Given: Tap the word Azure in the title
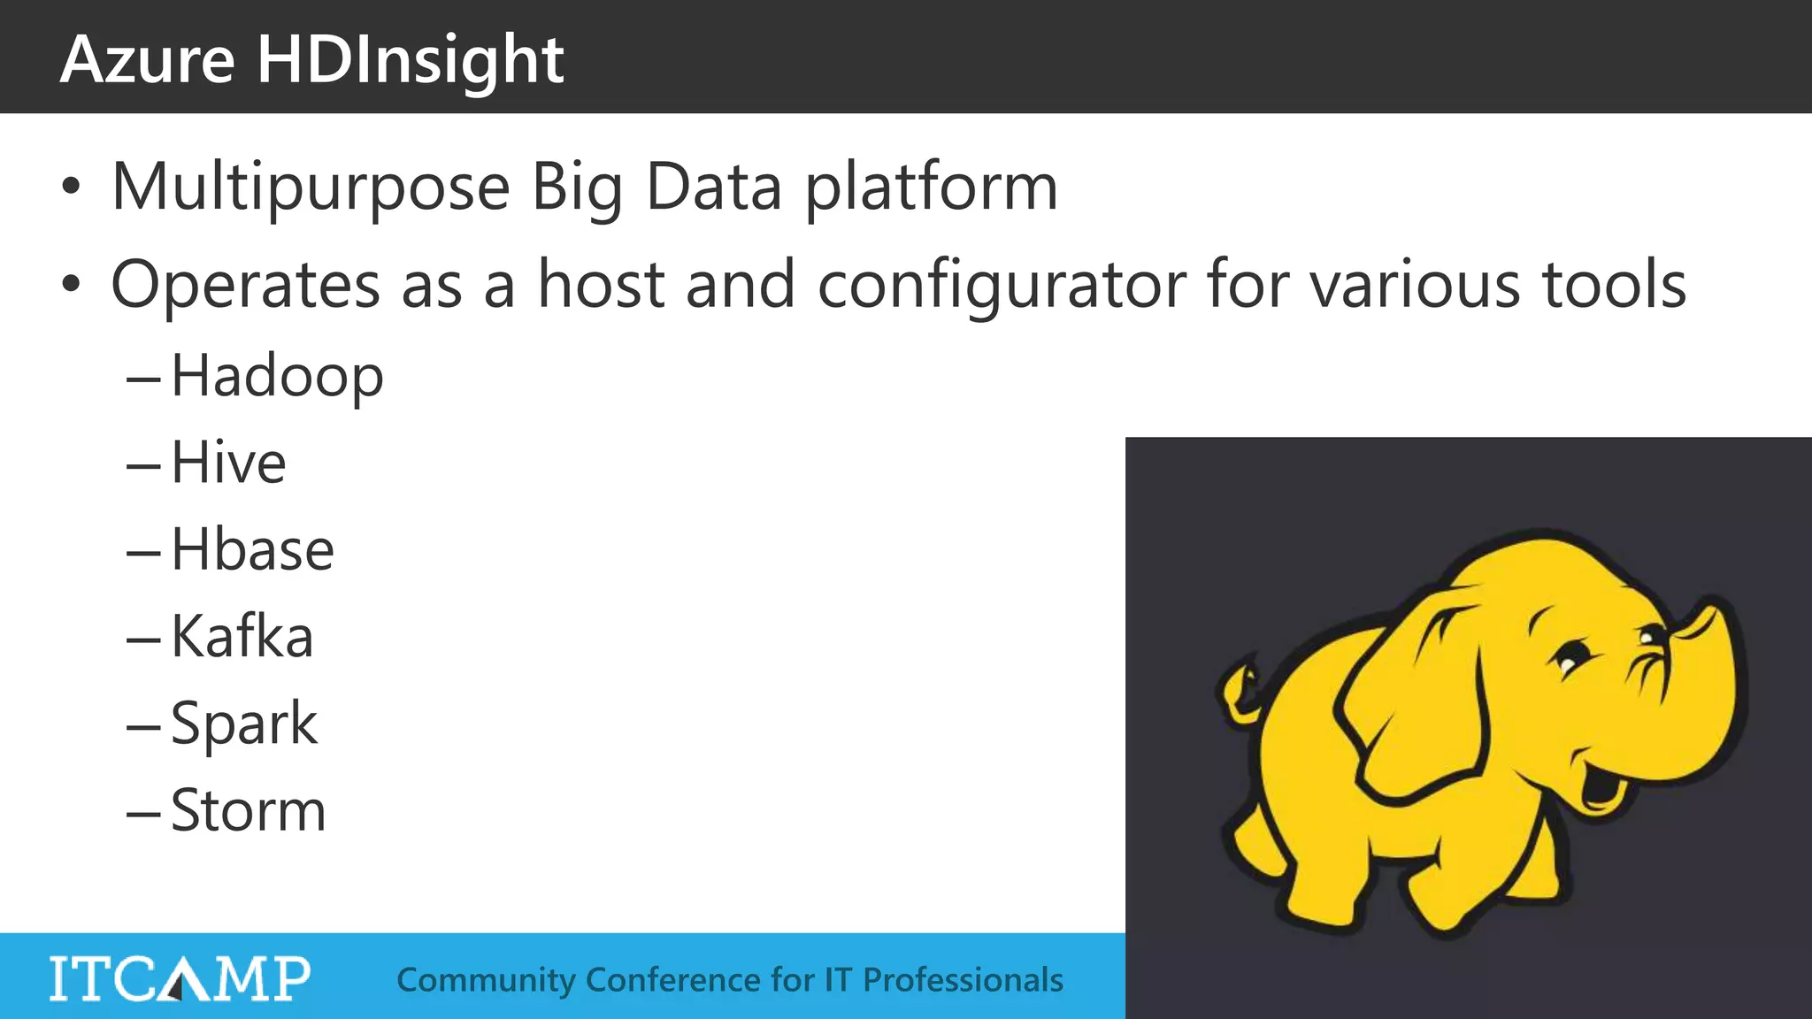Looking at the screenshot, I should [x=148, y=60].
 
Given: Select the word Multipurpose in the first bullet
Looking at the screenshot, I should [x=311, y=188].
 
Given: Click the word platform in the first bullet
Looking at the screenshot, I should [x=931, y=188].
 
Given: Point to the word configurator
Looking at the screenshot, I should [x=1002, y=285].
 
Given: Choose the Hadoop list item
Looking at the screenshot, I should [x=277, y=376].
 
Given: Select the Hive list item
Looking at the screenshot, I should [x=228, y=463].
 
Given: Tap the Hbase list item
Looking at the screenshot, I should [x=252, y=549].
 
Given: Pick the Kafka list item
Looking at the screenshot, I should [x=242, y=636].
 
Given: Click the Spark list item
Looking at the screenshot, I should [x=243, y=724].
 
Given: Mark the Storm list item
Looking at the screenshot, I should [x=248, y=810].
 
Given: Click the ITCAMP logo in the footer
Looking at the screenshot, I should [x=180, y=978].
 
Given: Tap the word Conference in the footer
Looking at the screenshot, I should [x=672, y=980].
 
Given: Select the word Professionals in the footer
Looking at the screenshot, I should [x=963, y=980].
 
